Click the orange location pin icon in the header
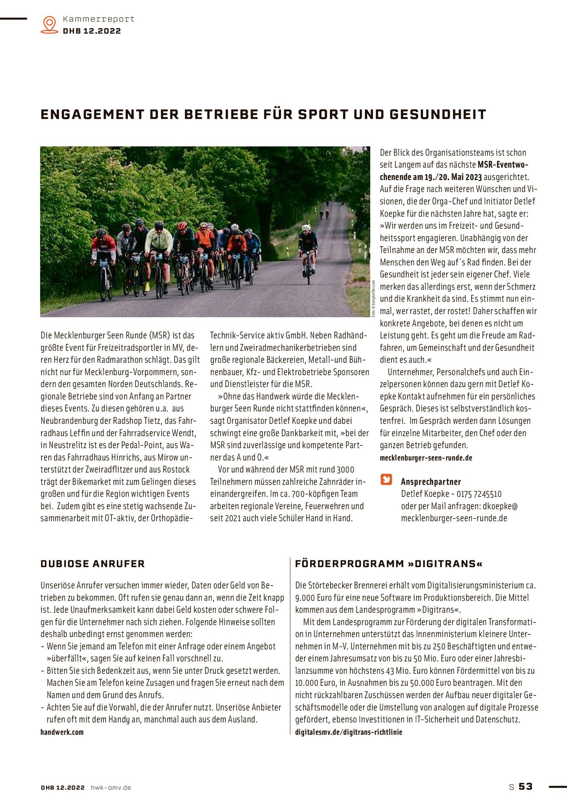tap(50, 24)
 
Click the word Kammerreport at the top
tap(98, 19)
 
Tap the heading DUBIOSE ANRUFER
tap(92, 564)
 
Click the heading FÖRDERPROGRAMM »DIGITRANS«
tap(389, 564)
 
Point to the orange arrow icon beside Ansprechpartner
tap(386, 479)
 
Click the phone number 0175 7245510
tap(479, 494)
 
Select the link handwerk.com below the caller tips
tap(62, 732)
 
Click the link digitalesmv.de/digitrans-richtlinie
tap(348, 732)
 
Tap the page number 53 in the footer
tap(526, 787)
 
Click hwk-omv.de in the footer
tap(111, 787)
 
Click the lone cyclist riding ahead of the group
tap(307, 252)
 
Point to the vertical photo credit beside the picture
tap(373, 299)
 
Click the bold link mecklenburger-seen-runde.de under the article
tap(426, 458)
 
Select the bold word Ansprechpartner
tap(431, 482)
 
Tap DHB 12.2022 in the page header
tap(92, 31)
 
